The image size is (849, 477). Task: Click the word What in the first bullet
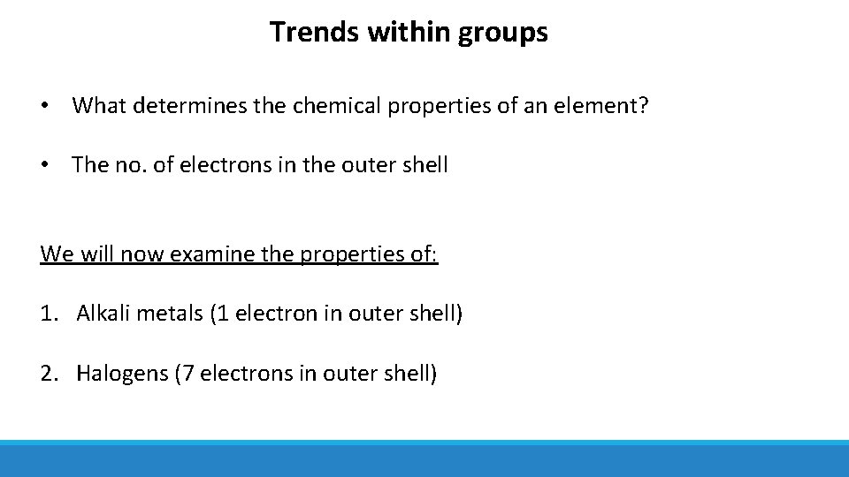click(x=96, y=107)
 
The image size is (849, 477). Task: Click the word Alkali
click(x=102, y=314)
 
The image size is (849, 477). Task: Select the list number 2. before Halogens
click(x=50, y=374)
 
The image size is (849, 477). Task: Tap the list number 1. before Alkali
click(x=50, y=314)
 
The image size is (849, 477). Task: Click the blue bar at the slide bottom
click(x=424, y=460)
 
